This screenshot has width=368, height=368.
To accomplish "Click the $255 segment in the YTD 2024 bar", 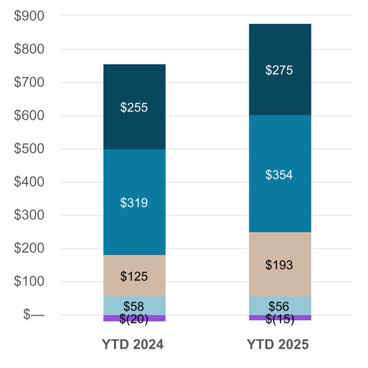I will coord(134,107).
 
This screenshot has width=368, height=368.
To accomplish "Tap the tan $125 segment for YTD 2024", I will coord(134,276).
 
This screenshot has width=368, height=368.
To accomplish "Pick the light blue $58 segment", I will coord(134,306).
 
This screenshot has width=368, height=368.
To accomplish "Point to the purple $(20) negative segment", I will coord(134,318).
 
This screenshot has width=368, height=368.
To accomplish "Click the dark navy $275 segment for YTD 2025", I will coord(279,69).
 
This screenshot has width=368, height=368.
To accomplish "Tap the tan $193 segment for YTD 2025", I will coord(279,264).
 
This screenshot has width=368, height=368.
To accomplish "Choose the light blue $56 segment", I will coord(279,306).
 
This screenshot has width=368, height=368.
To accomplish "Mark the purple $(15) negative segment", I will coord(279,318).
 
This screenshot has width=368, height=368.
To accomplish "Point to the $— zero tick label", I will coord(34,315).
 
